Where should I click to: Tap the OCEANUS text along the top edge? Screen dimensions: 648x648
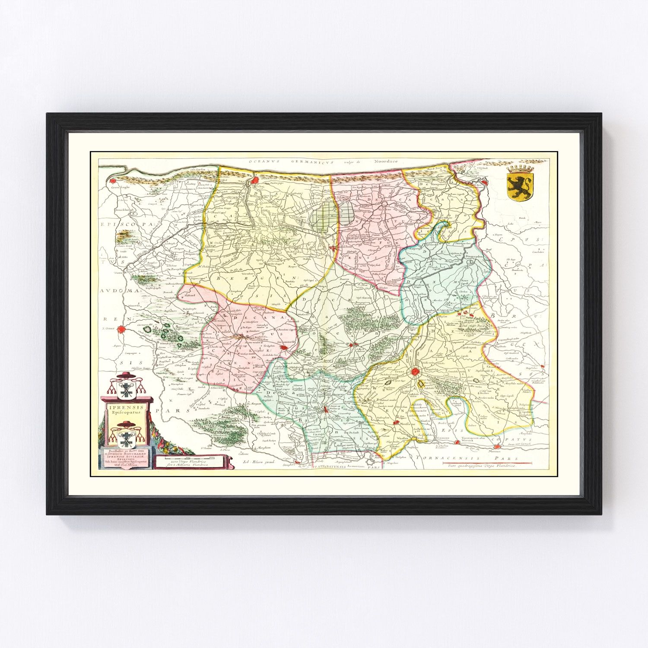coord(264,162)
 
